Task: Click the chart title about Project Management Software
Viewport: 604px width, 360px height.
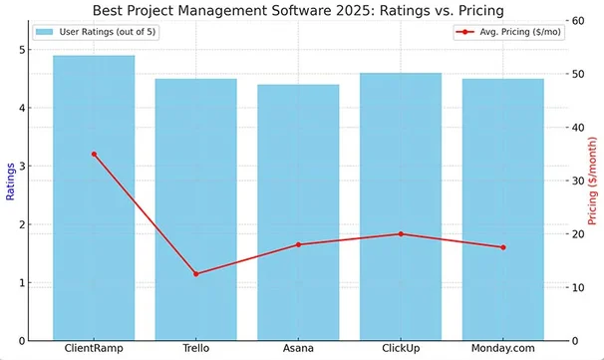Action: pyautogui.click(x=297, y=10)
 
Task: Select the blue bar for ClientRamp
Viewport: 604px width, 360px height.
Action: pyautogui.click(x=94, y=199)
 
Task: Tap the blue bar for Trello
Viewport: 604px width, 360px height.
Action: pyautogui.click(x=195, y=209)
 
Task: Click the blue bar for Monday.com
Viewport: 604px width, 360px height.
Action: pyautogui.click(x=503, y=209)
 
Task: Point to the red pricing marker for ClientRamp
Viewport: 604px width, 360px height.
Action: pyautogui.click(x=94, y=154)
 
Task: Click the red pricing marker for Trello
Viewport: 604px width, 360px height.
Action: pyautogui.click(x=195, y=273)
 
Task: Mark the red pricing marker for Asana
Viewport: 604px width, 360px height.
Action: pyautogui.click(x=298, y=244)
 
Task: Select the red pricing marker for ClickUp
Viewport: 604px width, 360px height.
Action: pyautogui.click(x=401, y=233)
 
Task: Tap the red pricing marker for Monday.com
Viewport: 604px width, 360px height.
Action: pyautogui.click(x=503, y=247)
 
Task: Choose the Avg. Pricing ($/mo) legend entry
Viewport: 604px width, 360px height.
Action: pyautogui.click(x=507, y=32)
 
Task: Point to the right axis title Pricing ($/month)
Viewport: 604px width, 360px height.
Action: pyautogui.click(x=592, y=180)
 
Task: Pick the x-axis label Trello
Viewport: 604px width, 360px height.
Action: pyautogui.click(x=195, y=349)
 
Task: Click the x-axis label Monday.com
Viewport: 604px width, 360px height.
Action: pyautogui.click(x=503, y=349)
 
